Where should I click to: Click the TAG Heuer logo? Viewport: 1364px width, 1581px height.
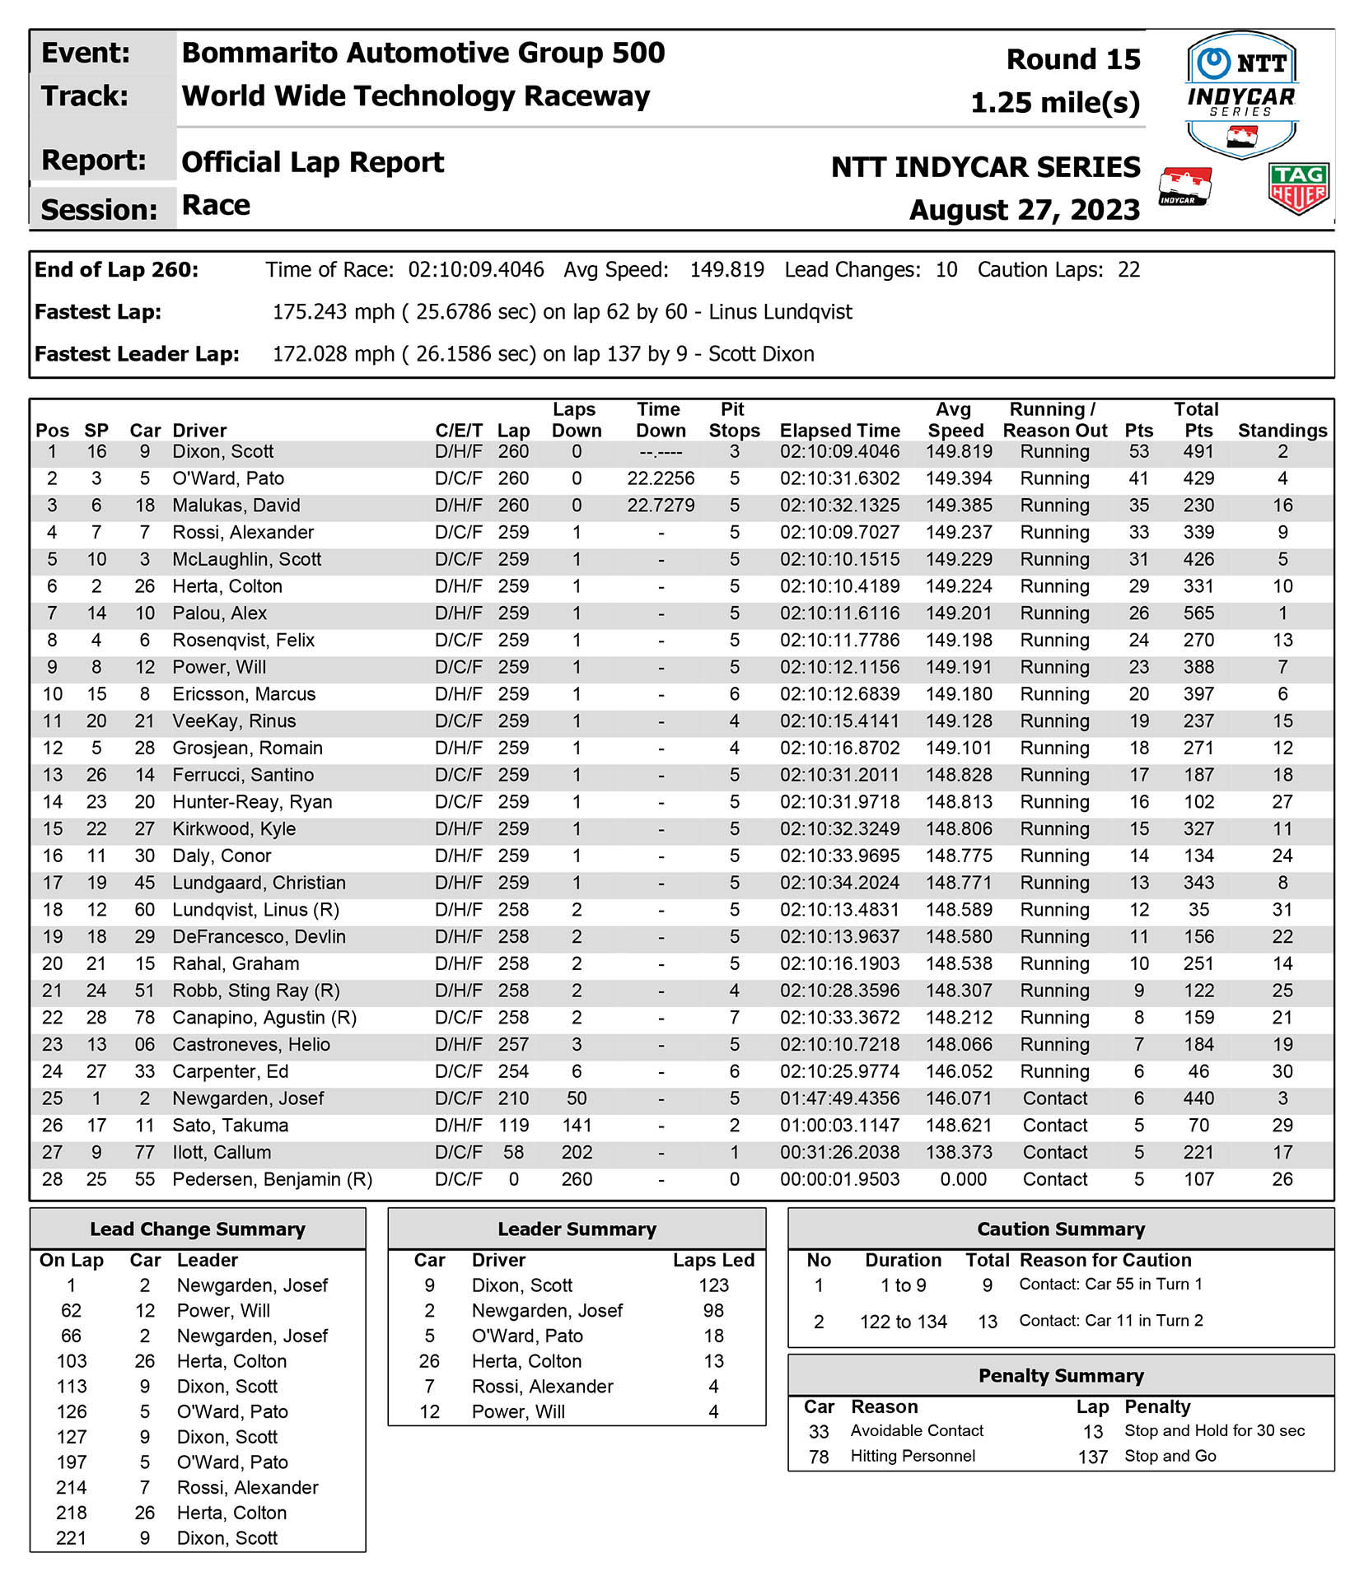(1298, 189)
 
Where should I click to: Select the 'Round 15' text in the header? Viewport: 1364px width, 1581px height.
(1073, 59)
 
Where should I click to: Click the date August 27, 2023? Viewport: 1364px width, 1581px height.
(1024, 210)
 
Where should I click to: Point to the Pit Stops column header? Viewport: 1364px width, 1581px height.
(733, 420)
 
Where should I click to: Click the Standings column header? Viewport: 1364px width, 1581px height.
(1282, 431)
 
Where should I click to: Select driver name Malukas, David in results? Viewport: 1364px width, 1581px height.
(236, 506)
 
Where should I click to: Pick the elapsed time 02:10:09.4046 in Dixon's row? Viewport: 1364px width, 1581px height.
(839, 451)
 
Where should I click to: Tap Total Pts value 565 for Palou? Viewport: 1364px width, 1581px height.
(1198, 613)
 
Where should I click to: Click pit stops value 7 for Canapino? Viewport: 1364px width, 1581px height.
(734, 1018)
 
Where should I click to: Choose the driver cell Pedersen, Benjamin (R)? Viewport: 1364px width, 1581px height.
(272, 1179)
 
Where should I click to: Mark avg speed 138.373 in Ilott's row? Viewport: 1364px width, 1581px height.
(959, 1152)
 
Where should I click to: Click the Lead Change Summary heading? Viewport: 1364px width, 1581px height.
(198, 1229)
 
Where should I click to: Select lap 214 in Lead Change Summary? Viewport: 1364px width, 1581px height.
(72, 1487)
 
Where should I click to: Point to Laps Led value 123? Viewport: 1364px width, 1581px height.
(713, 1285)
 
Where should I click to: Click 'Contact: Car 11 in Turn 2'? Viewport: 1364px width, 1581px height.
(1110, 1321)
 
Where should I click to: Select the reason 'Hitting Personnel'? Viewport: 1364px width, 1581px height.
(913, 1456)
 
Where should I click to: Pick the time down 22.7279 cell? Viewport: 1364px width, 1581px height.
(661, 506)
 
